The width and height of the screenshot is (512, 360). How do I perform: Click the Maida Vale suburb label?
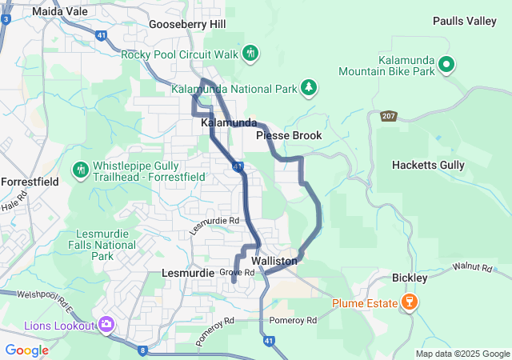coord(59,11)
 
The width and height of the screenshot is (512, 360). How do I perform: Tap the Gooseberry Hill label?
coord(187,25)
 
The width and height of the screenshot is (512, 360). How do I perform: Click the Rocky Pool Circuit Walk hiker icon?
coord(250,54)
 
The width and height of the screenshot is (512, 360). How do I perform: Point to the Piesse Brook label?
coord(289,136)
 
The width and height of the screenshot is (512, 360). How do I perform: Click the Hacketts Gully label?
coord(428,165)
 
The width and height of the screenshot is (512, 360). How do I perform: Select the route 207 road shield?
coord(389,116)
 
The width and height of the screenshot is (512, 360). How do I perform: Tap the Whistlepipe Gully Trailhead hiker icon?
coord(80,170)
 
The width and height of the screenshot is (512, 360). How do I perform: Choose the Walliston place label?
coord(274,262)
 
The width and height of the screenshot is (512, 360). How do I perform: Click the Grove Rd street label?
coord(237,273)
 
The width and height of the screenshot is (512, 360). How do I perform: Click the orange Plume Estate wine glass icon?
coord(410,303)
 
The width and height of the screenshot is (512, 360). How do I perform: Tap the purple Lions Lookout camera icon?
coord(106,324)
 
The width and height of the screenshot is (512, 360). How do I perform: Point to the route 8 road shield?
coord(143,350)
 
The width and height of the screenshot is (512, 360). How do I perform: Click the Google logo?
coord(26,350)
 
